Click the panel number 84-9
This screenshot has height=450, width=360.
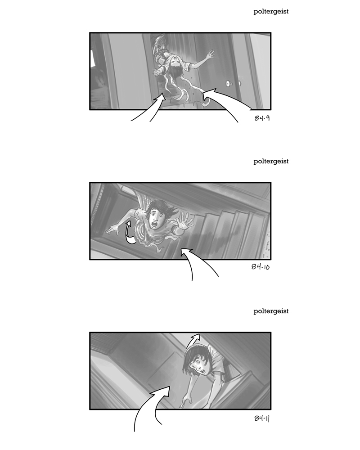coord(262,118)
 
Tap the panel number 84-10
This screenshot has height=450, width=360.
coord(261,266)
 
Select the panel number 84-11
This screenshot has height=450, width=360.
coord(262,418)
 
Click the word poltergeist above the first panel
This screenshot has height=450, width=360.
coord(271,12)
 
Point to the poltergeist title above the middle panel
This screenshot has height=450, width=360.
coord(271,162)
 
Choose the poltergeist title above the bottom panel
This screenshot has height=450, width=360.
coord(271,311)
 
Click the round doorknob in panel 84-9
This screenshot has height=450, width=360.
coord(229,84)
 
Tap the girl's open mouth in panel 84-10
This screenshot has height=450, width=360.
coord(155,224)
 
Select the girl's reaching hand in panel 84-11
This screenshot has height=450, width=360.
coord(184,402)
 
